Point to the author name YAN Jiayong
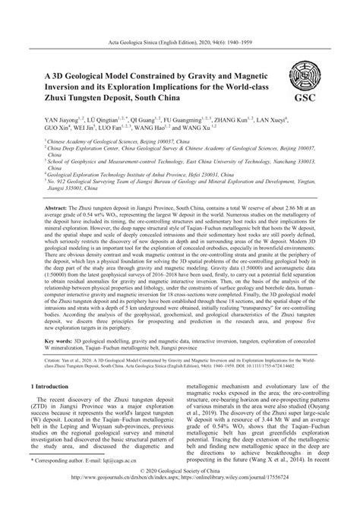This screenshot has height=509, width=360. pos(65,120)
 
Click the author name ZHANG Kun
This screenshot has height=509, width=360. pos(226,120)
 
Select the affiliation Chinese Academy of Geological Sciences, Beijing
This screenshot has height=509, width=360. pos(103,141)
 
